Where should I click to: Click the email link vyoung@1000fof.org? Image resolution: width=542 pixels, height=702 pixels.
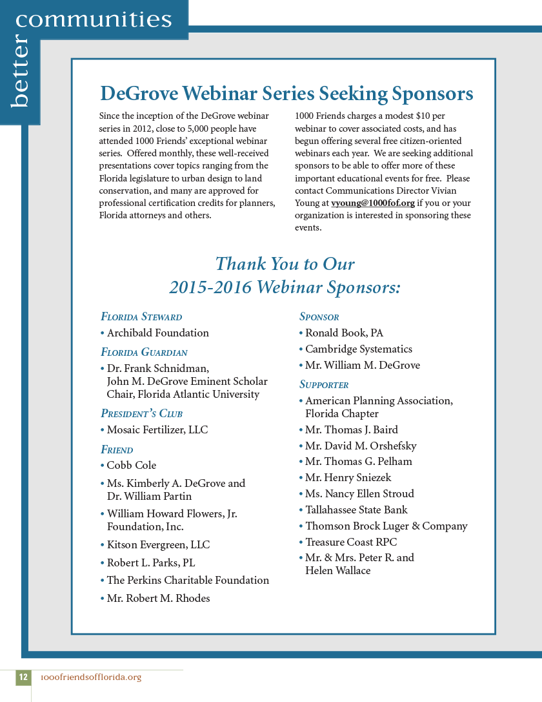click(x=372, y=203)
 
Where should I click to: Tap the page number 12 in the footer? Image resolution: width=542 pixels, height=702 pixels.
click(x=23, y=677)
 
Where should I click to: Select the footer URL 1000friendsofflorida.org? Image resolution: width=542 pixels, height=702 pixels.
click(x=90, y=677)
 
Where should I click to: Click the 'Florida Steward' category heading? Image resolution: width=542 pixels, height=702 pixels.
click(x=141, y=317)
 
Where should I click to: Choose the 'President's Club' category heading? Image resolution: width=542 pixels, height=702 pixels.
click(x=141, y=413)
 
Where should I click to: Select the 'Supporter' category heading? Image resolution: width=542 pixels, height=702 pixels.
click(x=324, y=385)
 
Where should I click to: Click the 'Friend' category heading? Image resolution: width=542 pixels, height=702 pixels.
click(x=117, y=449)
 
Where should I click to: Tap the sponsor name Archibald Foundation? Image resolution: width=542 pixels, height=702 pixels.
click(x=157, y=333)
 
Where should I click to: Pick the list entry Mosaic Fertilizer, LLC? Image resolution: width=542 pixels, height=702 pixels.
click(x=157, y=430)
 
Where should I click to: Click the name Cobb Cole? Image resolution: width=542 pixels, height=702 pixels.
click(x=132, y=466)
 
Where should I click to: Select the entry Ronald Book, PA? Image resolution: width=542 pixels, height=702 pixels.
click(x=344, y=333)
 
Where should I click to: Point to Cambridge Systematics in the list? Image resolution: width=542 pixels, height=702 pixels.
click(x=358, y=349)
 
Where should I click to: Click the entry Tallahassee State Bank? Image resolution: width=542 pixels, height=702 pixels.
click(x=356, y=510)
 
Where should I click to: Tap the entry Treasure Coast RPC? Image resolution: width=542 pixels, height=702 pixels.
click(x=351, y=542)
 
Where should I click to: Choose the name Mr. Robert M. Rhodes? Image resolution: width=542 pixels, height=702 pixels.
click(x=158, y=599)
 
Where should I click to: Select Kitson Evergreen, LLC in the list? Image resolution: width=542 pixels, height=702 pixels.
click(x=158, y=545)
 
